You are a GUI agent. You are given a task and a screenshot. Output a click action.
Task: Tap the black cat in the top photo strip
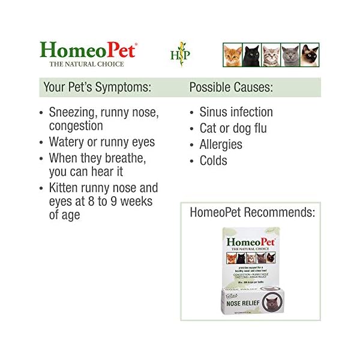(x=252, y=55)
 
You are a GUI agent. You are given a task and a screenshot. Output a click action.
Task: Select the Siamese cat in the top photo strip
(x=310, y=55)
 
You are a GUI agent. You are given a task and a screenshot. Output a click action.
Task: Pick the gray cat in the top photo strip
(x=290, y=55)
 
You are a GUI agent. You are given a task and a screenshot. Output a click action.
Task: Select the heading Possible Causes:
(x=231, y=87)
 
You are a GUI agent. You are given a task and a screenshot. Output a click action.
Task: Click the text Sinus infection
(x=236, y=112)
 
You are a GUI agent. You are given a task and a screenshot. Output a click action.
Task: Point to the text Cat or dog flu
(x=233, y=128)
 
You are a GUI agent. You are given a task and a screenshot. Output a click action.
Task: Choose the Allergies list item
(x=221, y=145)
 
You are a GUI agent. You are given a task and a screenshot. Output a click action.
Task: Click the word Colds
(x=213, y=161)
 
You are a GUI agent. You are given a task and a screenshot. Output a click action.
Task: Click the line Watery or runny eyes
(x=101, y=142)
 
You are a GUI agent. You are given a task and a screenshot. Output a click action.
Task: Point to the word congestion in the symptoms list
(x=76, y=126)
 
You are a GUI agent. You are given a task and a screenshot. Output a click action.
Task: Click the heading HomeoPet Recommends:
(x=252, y=212)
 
